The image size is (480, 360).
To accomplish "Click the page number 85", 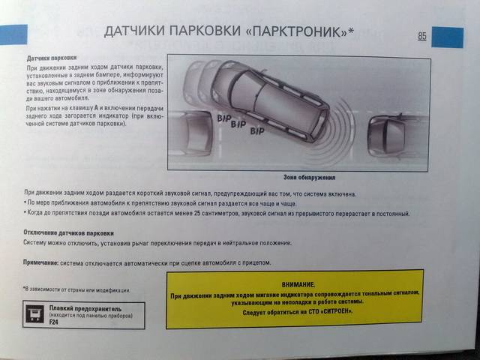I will coord(422,36).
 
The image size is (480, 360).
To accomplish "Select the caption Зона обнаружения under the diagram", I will coord(309,178).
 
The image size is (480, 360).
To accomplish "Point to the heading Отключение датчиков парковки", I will coord(69,233).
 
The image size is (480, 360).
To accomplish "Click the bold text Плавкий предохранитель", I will coord(85,308).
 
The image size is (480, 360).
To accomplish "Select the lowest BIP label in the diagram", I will coord(257,131).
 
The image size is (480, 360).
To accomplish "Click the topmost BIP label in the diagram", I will coord(223,118).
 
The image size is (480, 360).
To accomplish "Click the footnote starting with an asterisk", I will coord(77,289).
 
